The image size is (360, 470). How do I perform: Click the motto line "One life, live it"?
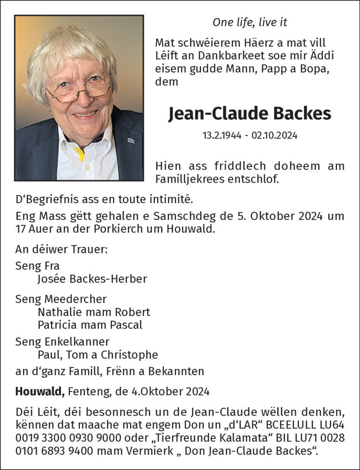click(250, 22)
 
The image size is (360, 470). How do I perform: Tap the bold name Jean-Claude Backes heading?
click(250, 114)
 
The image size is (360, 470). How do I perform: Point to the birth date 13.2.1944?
click(222, 136)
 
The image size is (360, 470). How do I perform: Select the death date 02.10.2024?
click(274, 136)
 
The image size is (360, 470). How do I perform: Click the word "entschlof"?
click(252, 179)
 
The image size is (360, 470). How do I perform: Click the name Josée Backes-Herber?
click(92, 279)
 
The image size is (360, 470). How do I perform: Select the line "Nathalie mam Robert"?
click(94, 312)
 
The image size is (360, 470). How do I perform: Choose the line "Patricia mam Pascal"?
click(90, 325)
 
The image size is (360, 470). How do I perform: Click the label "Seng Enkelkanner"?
click(63, 342)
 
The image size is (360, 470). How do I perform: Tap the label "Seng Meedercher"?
click(61, 299)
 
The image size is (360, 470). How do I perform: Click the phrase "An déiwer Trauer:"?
click(62, 249)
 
